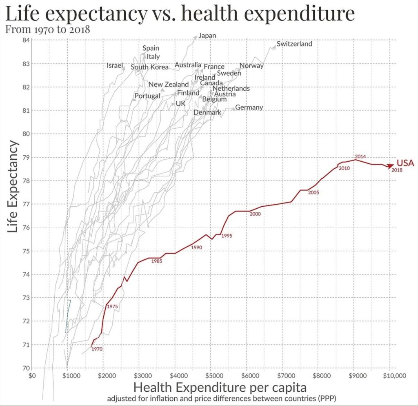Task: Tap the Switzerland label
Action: pyautogui.click(x=294, y=44)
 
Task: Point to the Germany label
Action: pyautogui.click(x=249, y=107)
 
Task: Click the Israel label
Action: pyautogui.click(x=115, y=65)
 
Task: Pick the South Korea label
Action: pyautogui.click(x=149, y=67)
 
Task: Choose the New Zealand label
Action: pyautogui.click(x=169, y=84)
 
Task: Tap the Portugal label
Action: pyautogui.click(x=147, y=96)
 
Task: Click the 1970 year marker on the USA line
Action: pyautogui.click(x=97, y=349)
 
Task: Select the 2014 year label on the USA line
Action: pyautogui.click(x=360, y=156)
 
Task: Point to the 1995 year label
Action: pyautogui.click(x=227, y=236)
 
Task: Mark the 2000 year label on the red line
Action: pyautogui.click(x=255, y=214)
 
